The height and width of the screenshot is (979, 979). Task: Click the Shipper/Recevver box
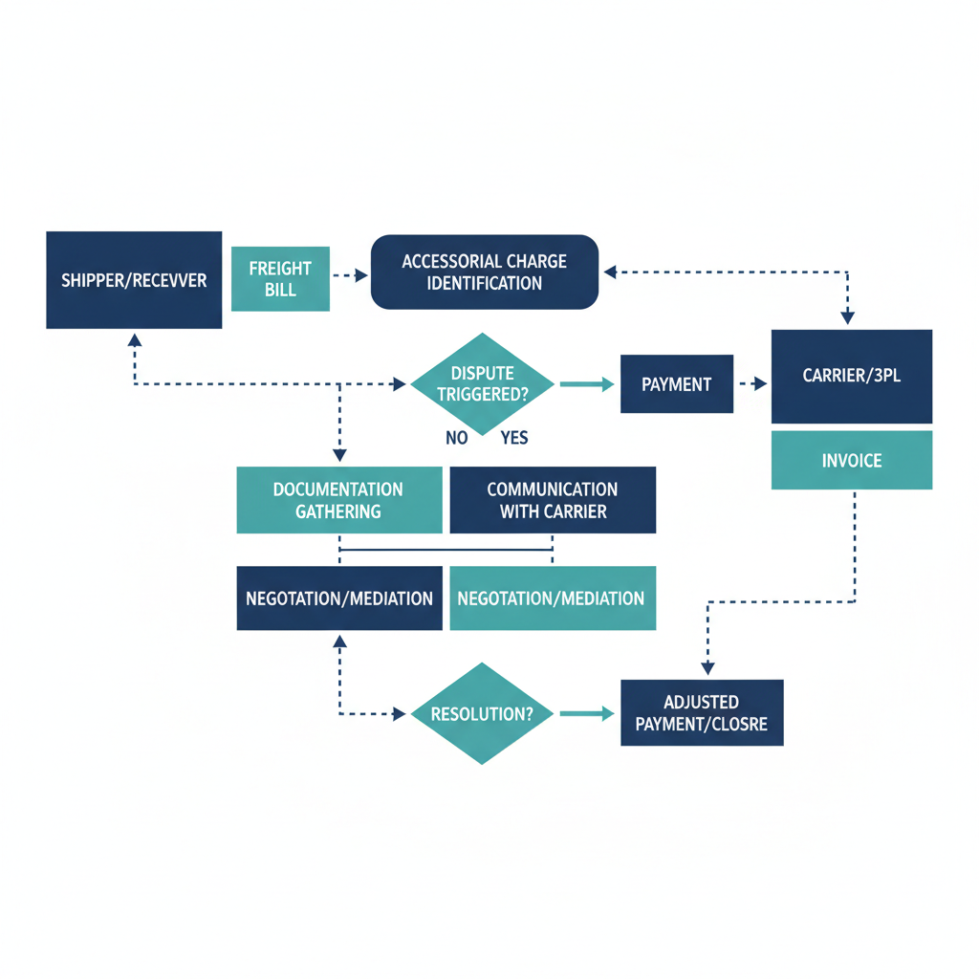click(x=134, y=280)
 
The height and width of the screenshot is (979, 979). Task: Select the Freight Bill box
click(x=280, y=279)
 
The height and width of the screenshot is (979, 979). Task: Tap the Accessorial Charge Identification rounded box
click(x=484, y=272)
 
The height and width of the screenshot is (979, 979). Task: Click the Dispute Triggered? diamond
click(x=483, y=383)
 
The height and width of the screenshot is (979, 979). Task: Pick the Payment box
click(x=676, y=384)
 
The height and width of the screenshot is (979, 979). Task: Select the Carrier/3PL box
click(x=851, y=376)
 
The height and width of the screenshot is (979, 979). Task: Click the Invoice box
click(x=851, y=461)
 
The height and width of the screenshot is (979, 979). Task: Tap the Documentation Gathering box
click(x=338, y=500)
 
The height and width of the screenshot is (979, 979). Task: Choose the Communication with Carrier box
click(x=553, y=500)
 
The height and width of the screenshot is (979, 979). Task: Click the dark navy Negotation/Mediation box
click(x=339, y=598)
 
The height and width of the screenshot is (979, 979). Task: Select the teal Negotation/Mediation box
click(x=552, y=598)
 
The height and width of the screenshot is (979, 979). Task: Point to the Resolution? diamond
click(x=483, y=713)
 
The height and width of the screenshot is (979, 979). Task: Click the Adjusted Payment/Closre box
click(x=702, y=713)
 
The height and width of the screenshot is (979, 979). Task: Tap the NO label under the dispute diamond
click(x=457, y=438)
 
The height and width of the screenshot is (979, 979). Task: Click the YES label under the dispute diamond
click(x=513, y=438)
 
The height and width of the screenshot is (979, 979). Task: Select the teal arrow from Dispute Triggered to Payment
click(x=586, y=384)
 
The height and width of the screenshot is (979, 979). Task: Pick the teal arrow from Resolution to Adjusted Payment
click(x=586, y=713)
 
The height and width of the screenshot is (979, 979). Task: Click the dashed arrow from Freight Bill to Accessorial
click(x=349, y=275)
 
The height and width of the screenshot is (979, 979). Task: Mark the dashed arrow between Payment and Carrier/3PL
click(x=751, y=384)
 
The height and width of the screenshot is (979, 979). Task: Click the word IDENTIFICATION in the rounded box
click(x=484, y=284)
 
